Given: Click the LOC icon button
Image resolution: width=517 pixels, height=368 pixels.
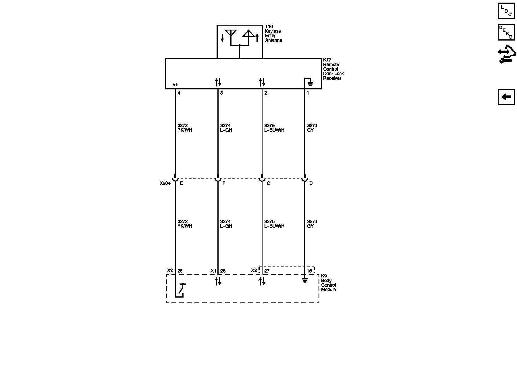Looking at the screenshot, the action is click(x=506, y=11).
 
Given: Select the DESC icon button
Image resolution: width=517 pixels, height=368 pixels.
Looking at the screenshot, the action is click(x=506, y=32).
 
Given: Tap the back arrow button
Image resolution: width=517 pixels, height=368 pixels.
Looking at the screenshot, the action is click(x=506, y=97).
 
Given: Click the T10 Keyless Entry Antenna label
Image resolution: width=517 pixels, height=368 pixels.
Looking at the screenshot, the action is click(x=273, y=33).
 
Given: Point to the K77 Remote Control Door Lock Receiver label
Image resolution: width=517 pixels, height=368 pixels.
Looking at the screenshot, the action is click(x=333, y=69).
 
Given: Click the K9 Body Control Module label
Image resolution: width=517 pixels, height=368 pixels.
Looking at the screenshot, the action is click(x=329, y=283).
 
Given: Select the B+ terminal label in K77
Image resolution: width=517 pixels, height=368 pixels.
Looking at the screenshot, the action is click(x=175, y=85).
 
